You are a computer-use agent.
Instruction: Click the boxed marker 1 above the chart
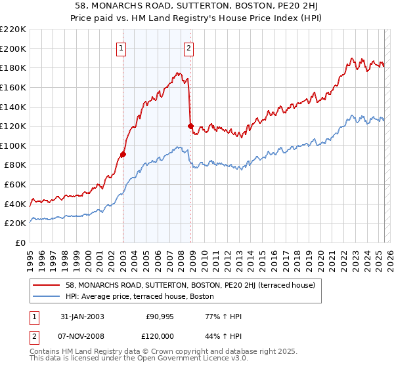coord(122,47)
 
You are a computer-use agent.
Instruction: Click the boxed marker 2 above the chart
coord(188,47)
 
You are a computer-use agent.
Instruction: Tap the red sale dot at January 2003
coord(123,155)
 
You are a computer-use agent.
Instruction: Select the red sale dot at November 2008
coord(190,126)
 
